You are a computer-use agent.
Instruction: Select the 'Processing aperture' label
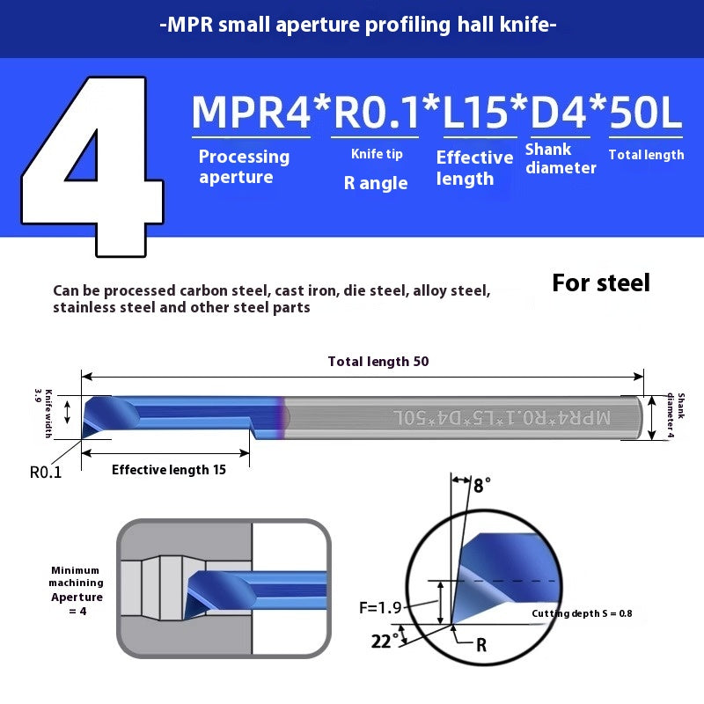(243, 166)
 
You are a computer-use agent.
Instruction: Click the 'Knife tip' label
(377, 154)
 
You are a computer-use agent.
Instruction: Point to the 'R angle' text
(376, 183)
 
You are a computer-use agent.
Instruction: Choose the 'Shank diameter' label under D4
(561, 158)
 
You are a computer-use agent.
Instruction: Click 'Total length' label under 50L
(646, 155)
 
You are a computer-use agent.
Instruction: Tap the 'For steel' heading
(601, 282)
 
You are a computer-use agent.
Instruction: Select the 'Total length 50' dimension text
(378, 362)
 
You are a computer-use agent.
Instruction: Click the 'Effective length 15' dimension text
(169, 470)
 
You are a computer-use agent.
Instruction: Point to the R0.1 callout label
(45, 472)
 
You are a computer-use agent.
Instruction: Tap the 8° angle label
(482, 485)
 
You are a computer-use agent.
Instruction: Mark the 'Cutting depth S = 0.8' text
(582, 613)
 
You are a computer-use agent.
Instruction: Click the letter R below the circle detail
(481, 645)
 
